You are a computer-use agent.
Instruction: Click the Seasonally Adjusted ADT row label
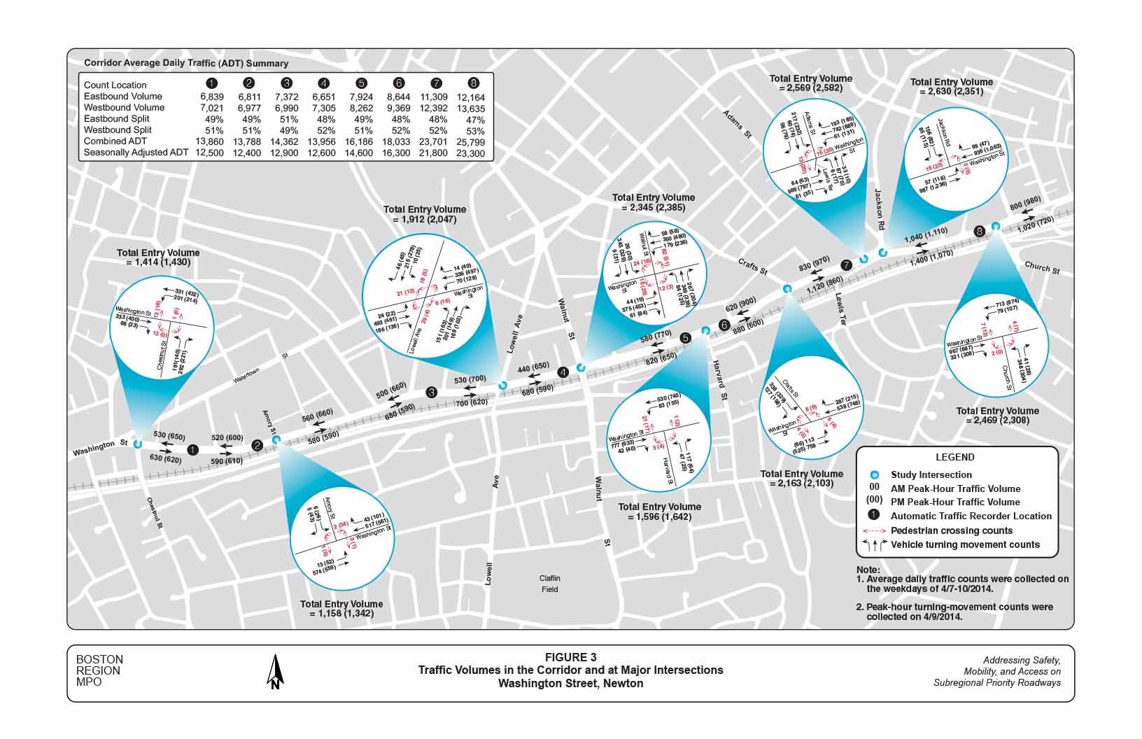[x=136, y=153]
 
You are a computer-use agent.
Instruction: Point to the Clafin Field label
[x=550, y=584]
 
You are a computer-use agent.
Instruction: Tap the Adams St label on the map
[x=737, y=123]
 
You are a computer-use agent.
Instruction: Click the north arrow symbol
[x=276, y=673]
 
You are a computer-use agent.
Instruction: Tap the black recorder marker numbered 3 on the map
[x=432, y=392]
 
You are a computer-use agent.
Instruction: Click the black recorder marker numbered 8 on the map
[x=979, y=231]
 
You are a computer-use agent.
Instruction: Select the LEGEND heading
[x=954, y=457]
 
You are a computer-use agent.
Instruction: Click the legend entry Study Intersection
[x=931, y=475]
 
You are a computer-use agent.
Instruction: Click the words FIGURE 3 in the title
[x=571, y=657]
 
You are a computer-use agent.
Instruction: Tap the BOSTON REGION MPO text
[x=99, y=670]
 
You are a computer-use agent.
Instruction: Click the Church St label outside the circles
[x=1042, y=268]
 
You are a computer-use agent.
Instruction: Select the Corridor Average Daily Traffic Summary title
[x=186, y=63]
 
